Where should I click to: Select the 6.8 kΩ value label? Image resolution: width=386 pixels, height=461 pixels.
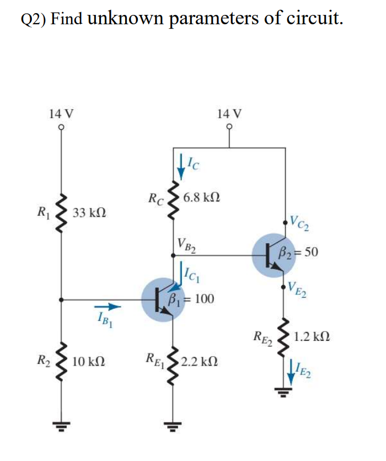[204, 197]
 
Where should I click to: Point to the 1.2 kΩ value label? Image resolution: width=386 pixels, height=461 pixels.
[312, 336]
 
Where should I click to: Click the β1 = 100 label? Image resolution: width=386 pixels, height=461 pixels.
[191, 299]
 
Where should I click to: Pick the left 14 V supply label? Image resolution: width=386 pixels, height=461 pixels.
[61, 114]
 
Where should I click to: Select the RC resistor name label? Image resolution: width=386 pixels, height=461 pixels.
[156, 197]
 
